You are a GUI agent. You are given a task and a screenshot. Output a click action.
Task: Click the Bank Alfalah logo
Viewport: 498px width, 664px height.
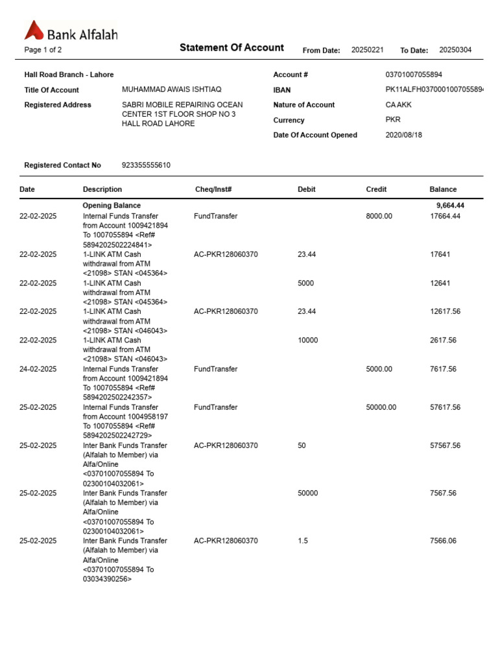click(x=71, y=31)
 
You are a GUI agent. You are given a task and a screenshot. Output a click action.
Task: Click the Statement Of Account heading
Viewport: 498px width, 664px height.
click(x=231, y=47)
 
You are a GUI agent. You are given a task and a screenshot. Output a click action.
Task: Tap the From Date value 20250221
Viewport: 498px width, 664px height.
click(x=368, y=50)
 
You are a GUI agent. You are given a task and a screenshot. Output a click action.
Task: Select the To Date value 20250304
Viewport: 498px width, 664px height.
click(x=456, y=50)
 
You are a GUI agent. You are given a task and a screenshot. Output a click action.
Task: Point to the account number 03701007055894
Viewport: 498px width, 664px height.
click(x=414, y=75)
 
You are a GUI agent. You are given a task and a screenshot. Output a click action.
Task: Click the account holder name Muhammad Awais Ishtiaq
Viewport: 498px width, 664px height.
click(x=171, y=90)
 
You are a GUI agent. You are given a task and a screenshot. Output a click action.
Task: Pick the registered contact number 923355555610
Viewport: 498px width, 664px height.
click(x=146, y=165)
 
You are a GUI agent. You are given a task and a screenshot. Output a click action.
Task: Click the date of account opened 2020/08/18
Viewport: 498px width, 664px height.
click(x=403, y=135)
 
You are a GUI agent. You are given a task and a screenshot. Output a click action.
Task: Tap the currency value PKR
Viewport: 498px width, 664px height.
click(x=393, y=119)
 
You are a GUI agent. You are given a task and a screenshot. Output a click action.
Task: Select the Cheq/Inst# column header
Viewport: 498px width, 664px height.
click(x=213, y=189)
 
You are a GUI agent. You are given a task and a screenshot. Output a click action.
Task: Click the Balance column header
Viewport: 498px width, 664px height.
click(x=443, y=189)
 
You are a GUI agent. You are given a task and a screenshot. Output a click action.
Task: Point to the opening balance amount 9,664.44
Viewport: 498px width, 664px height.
click(x=450, y=206)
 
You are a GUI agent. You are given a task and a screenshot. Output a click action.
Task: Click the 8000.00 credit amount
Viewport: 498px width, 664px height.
click(x=379, y=216)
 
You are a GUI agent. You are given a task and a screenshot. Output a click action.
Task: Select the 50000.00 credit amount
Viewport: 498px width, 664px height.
click(x=381, y=407)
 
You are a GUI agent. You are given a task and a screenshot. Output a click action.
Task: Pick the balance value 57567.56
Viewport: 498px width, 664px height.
click(x=445, y=445)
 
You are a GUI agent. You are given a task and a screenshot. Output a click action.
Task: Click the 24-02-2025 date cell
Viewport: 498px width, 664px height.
click(x=38, y=369)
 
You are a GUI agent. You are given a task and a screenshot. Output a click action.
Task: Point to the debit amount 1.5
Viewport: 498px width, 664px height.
click(x=303, y=540)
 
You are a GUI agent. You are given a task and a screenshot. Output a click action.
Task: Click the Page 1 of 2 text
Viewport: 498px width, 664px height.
click(x=43, y=50)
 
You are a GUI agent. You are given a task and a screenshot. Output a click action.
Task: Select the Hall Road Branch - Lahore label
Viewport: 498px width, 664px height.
click(x=69, y=75)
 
